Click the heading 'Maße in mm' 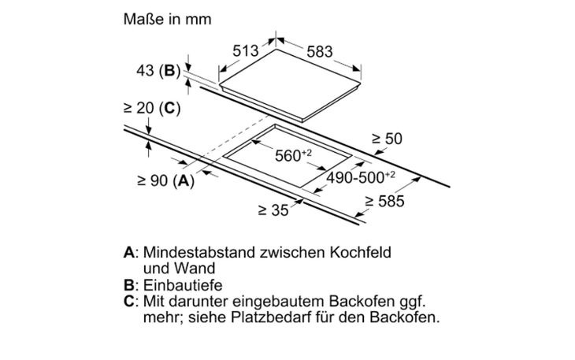(x=167, y=19)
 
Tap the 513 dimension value (x=245, y=50)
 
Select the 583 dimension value (x=320, y=52)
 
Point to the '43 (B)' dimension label (x=158, y=70)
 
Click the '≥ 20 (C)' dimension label (x=152, y=108)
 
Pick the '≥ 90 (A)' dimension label (x=165, y=180)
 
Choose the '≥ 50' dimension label (x=387, y=139)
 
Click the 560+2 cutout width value (x=293, y=155)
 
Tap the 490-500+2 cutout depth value (x=361, y=177)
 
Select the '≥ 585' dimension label (x=384, y=201)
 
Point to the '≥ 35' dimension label (x=273, y=210)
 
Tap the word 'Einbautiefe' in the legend (x=183, y=285)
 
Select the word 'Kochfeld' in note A (x=360, y=253)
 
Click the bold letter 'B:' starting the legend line (x=132, y=285)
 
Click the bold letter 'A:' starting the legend (x=132, y=253)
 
